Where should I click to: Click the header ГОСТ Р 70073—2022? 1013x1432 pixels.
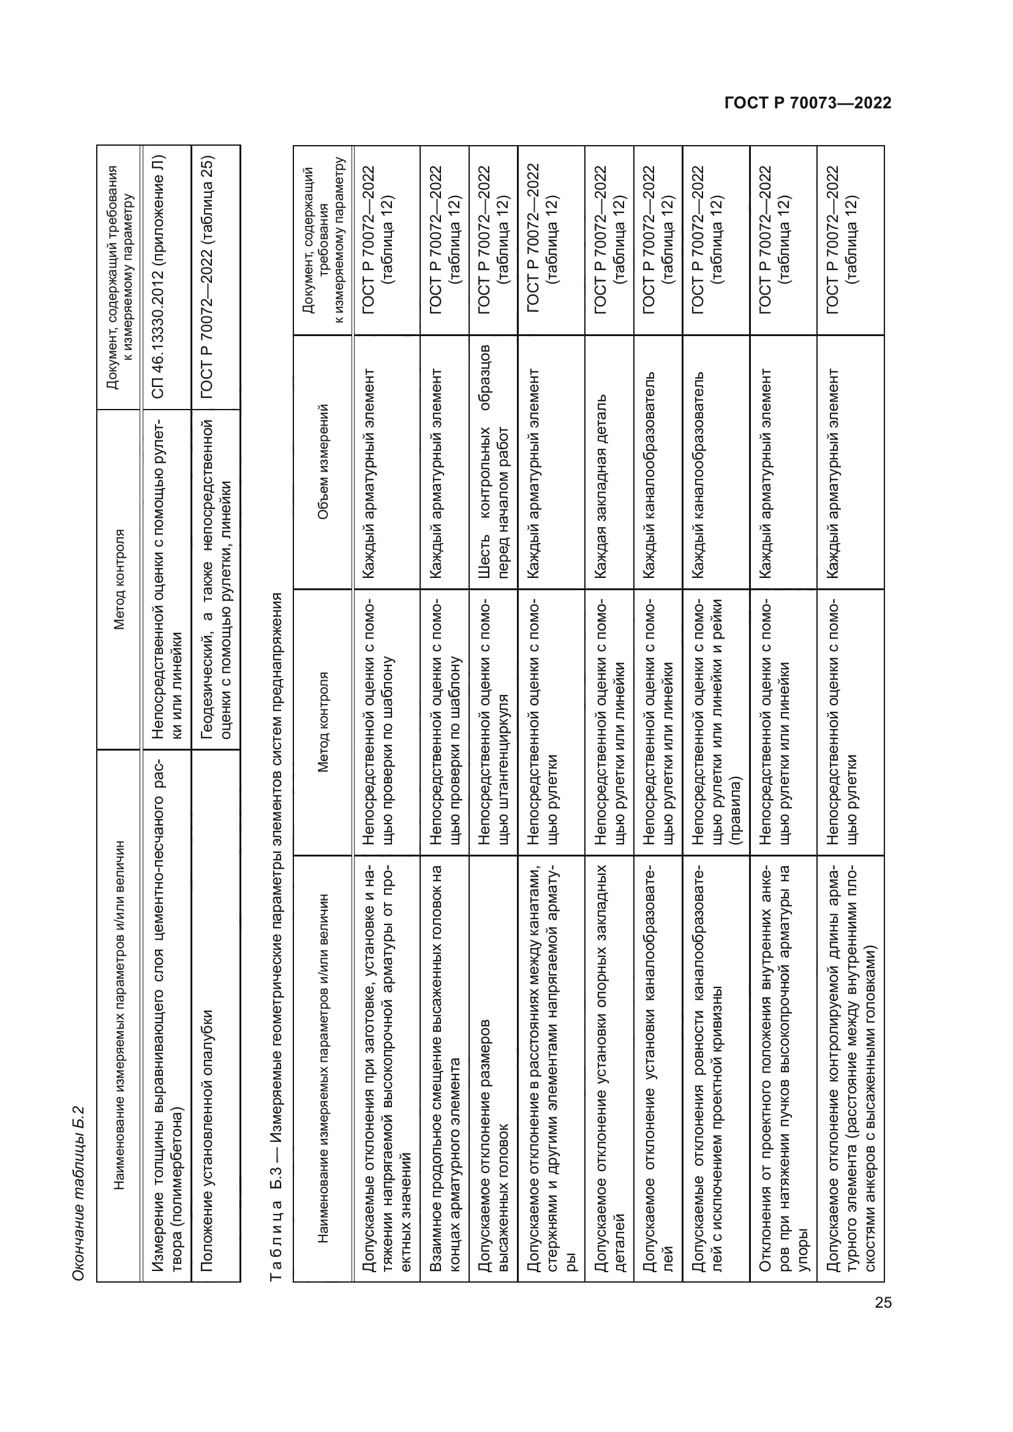click(x=808, y=103)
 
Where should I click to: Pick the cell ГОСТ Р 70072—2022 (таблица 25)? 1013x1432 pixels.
click(x=208, y=277)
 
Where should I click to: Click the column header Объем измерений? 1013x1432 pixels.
click(x=323, y=462)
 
